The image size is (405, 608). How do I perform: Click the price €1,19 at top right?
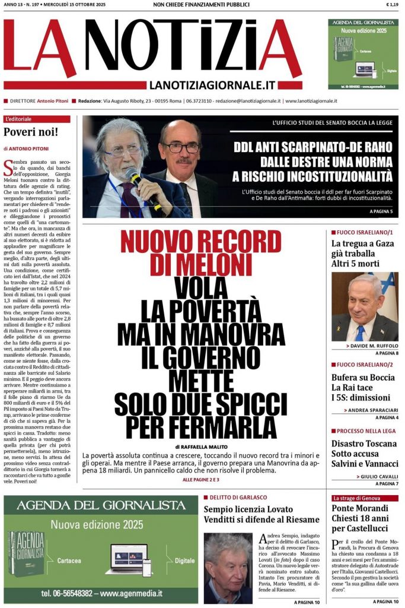click(391, 5)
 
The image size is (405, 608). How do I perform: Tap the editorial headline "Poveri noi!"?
click(31, 132)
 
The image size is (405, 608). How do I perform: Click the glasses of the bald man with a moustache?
click(181, 145)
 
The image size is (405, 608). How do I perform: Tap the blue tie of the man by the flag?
click(361, 330)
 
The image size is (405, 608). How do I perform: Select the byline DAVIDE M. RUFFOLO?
click(373, 345)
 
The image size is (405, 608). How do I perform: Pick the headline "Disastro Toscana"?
click(364, 444)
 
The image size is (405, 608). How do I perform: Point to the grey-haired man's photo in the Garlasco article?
click(228, 567)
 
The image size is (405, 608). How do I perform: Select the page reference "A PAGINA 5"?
click(381, 211)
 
